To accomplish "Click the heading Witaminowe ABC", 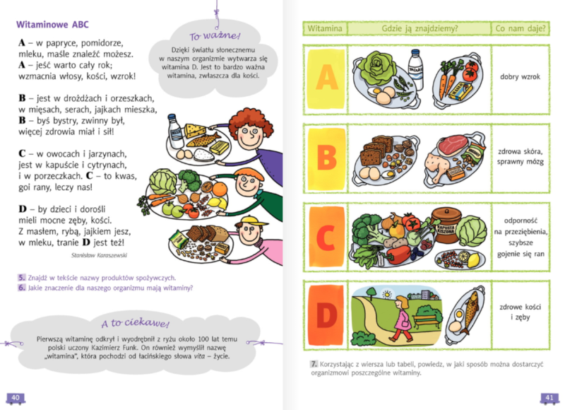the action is [x=52, y=25].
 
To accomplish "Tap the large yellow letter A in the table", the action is [x=326, y=78].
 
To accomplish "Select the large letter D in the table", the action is [x=326, y=315].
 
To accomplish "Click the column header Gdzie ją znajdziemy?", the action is [x=420, y=28].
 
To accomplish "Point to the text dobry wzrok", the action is [x=520, y=76].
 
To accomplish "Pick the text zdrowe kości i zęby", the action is [x=520, y=312].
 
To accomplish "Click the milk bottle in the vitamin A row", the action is [x=415, y=69].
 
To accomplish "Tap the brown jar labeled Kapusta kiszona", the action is [x=446, y=225].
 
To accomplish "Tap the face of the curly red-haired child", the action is [x=249, y=135].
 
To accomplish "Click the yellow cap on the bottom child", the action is [x=251, y=220].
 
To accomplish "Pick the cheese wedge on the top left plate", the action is [x=195, y=130].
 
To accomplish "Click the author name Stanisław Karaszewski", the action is [x=99, y=255].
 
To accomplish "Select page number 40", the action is [x=16, y=397].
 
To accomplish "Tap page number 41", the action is [x=549, y=397].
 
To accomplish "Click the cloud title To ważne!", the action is [x=215, y=36].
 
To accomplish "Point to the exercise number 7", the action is [x=314, y=364].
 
